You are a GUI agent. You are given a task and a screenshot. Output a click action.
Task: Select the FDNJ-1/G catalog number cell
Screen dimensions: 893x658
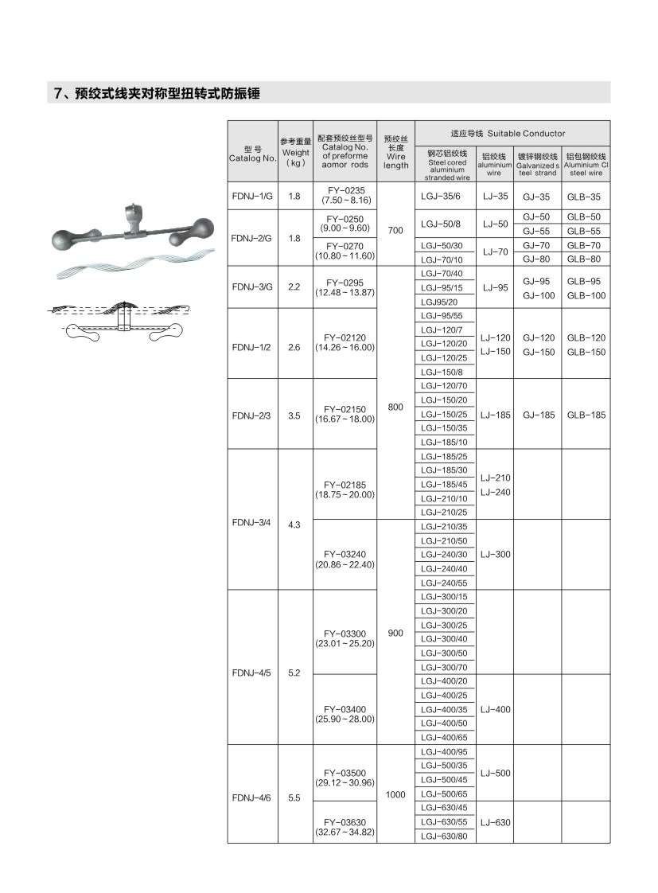[252, 196]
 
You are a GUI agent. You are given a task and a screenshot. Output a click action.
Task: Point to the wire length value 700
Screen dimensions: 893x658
[395, 230]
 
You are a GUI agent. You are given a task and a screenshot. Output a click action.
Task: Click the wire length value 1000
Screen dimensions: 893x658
[395, 794]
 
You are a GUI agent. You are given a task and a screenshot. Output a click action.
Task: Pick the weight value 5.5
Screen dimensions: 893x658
[294, 797]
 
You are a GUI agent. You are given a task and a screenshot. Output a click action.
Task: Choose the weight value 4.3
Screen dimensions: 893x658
[294, 524]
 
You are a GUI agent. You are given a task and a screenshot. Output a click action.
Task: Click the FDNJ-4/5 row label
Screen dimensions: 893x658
[252, 673]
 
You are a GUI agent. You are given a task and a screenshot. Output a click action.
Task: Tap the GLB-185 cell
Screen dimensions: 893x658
[586, 415]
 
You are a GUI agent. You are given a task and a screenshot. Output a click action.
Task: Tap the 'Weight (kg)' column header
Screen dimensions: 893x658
[295, 152]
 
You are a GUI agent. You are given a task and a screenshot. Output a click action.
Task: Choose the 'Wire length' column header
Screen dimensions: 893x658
[395, 152]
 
